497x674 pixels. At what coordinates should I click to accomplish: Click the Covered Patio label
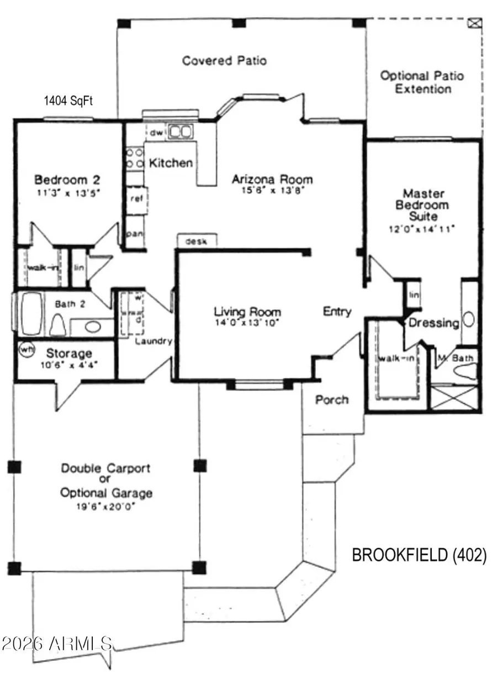[224, 61]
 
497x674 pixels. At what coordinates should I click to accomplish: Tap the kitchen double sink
[180, 132]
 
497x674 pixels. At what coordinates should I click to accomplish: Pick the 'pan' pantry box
[134, 234]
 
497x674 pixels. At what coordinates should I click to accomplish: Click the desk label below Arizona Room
[197, 241]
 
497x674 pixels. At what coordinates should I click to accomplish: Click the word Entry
[337, 312]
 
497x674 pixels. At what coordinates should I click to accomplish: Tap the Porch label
[332, 399]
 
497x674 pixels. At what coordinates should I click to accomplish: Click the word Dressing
[433, 323]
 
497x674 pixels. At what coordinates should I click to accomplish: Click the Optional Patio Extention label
[422, 82]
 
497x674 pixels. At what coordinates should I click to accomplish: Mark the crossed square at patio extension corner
[473, 23]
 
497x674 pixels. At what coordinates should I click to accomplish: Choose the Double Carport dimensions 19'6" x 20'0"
[105, 506]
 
